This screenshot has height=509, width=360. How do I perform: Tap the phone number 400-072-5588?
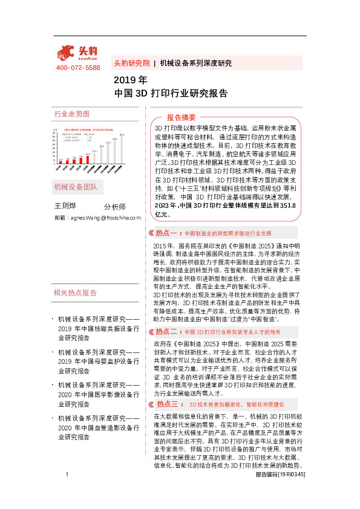coord(78,68)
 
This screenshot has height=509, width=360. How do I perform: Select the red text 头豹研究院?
coord(131,63)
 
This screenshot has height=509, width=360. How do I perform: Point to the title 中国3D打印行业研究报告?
coord(171,94)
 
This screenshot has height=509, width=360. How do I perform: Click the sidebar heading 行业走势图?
coord(72,114)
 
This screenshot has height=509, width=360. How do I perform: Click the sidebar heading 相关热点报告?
coord(76,293)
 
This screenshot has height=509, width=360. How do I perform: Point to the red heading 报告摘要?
coord(182,117)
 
